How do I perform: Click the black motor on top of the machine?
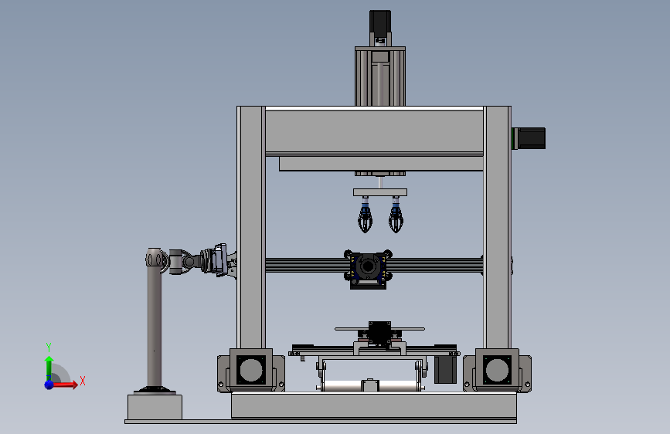[380, 22]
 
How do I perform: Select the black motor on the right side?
[531, 138]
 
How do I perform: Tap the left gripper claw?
[365, 215]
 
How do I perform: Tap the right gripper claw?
[396, 215]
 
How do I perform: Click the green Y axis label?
[49, 347]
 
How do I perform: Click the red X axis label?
[83, 381]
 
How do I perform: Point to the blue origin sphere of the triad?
[49, 385]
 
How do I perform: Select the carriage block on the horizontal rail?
[368, 269]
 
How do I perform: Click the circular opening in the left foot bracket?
[251, 370]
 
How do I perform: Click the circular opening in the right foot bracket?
[497, 370]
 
